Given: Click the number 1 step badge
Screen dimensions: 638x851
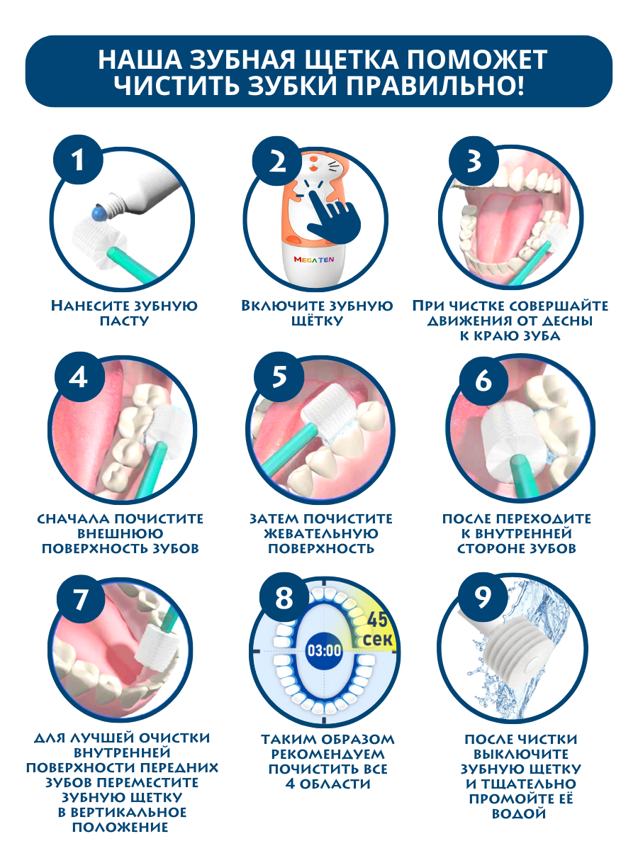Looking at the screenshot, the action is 78,160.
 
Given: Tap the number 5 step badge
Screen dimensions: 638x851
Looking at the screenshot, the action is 279,377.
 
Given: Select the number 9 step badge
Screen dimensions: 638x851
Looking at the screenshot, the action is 482,597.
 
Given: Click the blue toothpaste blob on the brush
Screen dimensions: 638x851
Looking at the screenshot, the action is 99,213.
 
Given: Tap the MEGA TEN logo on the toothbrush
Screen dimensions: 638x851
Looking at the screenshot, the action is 314,260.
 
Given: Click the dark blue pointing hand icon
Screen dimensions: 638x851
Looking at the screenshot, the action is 333,219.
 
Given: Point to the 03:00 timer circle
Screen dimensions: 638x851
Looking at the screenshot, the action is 324,650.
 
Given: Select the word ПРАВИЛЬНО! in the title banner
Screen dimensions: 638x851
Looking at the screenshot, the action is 435,85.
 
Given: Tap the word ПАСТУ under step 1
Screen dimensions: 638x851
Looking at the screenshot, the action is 124,321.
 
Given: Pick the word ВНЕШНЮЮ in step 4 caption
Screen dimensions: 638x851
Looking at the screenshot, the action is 120,533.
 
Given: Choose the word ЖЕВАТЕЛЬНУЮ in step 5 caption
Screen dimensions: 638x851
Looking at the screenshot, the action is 321,533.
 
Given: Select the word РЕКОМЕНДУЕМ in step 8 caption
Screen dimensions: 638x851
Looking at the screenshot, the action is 328,754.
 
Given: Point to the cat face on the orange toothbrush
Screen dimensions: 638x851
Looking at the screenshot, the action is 325,164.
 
